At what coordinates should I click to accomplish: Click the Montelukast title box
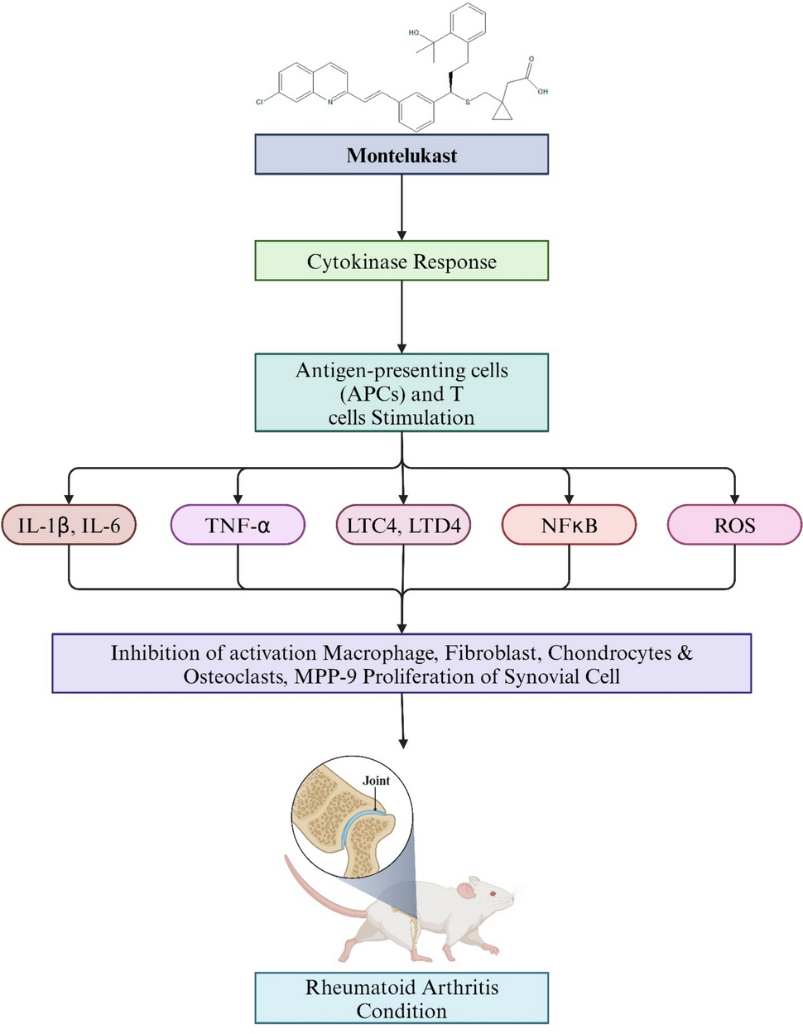tap(401, 155)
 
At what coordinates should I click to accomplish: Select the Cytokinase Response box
tap(401, 262)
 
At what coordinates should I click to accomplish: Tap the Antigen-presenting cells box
tap(401, 393)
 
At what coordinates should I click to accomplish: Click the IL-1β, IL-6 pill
tap(69, 525)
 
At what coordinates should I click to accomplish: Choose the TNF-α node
tap(238, 525)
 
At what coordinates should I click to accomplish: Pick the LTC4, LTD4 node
tap(403, 525)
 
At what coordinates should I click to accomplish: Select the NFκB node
tap(569, 525)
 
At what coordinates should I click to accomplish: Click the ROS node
tap(734, 525)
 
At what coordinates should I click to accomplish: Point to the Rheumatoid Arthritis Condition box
tap(401, 998)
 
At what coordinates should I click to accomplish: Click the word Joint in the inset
tap(376, 781)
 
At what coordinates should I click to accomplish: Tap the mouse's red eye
tap(492, 894)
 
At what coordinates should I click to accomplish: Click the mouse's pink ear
tap(467, 891)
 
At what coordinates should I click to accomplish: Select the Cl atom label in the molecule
tap(260, 102)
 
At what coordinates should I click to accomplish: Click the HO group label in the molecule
tap(414, 33)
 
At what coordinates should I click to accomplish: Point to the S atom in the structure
tap(468, 102)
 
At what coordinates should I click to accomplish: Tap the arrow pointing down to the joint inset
tap(402, 720)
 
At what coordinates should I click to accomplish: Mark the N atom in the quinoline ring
tap(329, 102)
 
